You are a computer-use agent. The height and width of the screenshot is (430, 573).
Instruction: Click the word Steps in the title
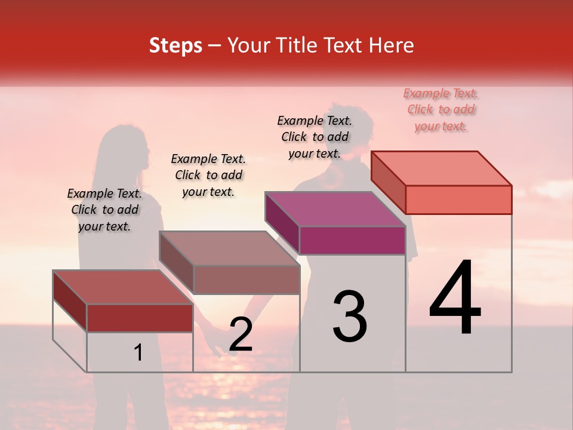tap(175, 45)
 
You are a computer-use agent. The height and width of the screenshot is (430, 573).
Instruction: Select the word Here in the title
tap(391, 45)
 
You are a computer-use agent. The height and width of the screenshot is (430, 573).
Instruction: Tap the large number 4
tap(455, 298)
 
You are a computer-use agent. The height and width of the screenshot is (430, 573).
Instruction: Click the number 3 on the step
tap(350, 317)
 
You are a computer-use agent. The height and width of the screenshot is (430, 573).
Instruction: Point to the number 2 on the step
tap(241, 334)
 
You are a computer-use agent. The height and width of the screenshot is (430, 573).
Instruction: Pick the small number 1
tap(138, 353)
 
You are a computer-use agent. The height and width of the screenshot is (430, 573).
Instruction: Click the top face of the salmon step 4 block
tap(442, 168)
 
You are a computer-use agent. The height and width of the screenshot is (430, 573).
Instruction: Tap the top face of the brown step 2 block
tap(229, 248)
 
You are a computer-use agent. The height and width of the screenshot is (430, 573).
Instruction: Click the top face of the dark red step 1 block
tap(123, 287)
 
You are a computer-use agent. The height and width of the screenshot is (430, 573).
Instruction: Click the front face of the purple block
tap(352, 240)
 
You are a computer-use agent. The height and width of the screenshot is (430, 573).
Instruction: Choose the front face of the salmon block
tap(458, 199)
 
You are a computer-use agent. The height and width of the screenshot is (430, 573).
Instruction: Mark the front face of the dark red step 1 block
tap(140, 318)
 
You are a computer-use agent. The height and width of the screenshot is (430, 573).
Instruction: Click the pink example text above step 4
tap(441, 109)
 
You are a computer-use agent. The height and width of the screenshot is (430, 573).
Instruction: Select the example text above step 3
tap(315, 137)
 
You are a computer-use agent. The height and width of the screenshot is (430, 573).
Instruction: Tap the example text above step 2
tap(208, 175)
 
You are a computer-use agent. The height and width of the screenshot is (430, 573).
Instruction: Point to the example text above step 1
tap(104, 210)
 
